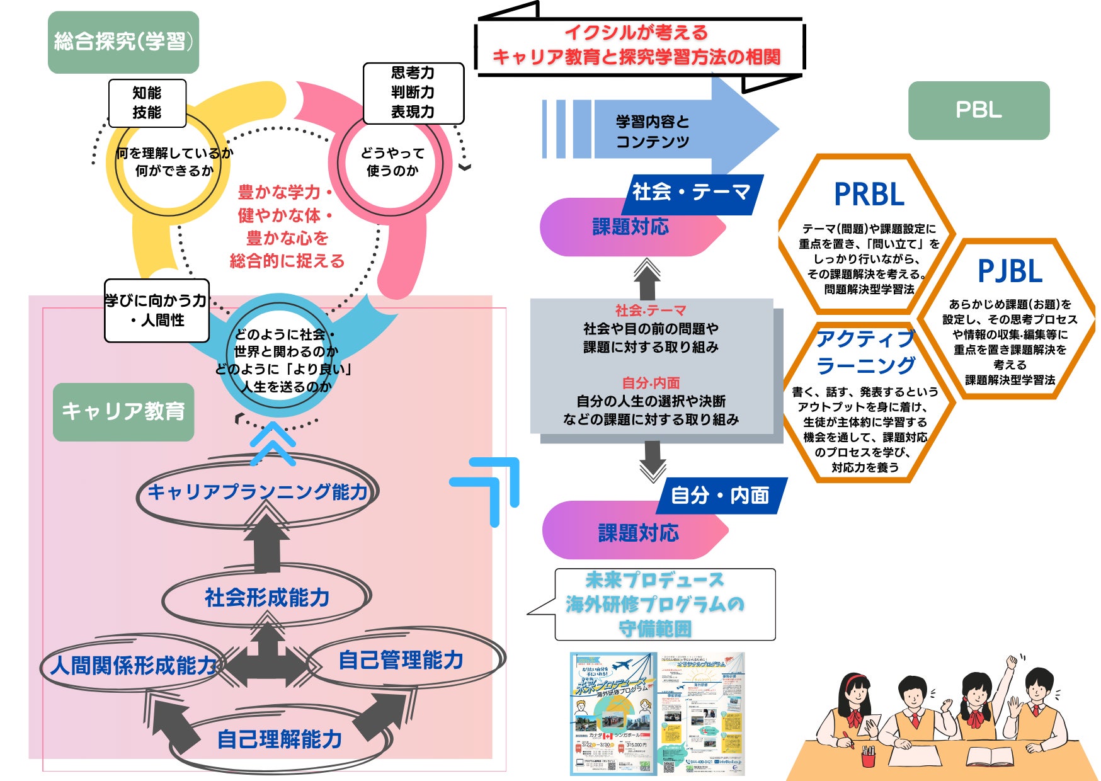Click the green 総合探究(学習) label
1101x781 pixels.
(123, 42)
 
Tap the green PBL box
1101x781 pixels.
(978, 110)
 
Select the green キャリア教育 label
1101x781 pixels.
(123, 411)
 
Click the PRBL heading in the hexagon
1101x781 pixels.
(869, 194)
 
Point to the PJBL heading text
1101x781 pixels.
(1010, 271)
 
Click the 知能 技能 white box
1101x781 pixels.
(147, 103)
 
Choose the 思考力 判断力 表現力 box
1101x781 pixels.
(413, 93)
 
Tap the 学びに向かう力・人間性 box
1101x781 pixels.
(156, 311)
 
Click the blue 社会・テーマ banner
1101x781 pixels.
(691, 192)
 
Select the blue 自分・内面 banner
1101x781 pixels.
(719, 496)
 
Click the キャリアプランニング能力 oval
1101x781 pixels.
(257, 492)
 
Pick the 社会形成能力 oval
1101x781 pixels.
(267, 598)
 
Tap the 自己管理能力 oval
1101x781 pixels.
(401, 660)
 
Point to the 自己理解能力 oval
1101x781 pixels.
(280, 739)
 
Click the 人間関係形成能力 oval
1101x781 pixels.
(133, 665)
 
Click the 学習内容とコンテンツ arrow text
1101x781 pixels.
(653, 131)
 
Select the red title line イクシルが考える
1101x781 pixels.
(636, 32)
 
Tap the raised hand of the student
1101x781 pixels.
(1012, 662)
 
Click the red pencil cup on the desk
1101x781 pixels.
(869, 755)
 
